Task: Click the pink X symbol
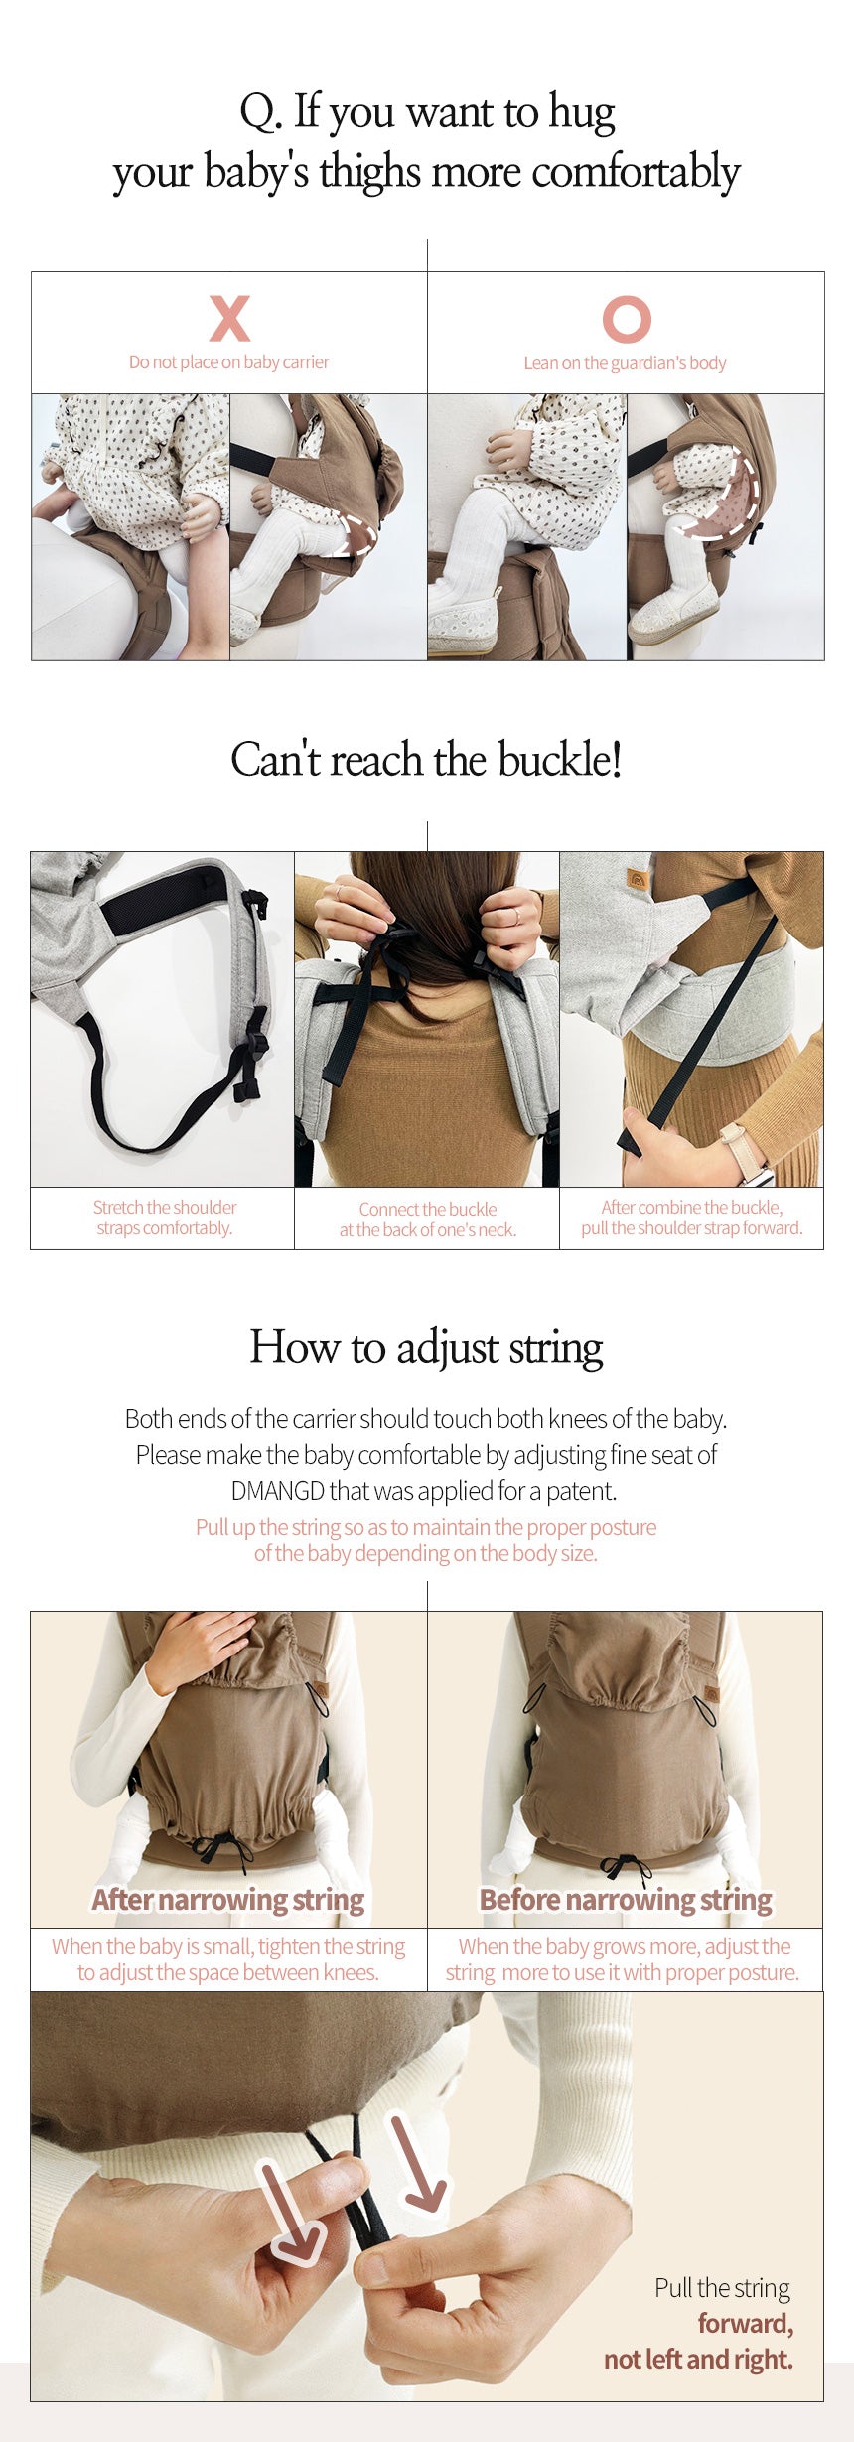coord(229,318)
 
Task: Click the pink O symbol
coord(627,319)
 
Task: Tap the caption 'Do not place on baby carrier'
coord(229,362)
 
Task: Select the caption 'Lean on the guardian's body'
coord(626,363)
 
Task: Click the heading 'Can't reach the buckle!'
coord(427,760)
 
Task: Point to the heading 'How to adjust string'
coord(427,1348)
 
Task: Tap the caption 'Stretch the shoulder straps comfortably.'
coord(165,1218)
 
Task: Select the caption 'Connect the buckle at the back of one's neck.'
coord(428,1220)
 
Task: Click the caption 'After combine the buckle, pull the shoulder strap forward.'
coord(692,1218)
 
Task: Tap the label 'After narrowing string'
coord(228,1900)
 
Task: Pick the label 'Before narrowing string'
coord(626,1900)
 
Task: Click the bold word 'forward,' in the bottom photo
coord(746,2324)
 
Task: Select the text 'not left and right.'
coord(699,2359)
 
